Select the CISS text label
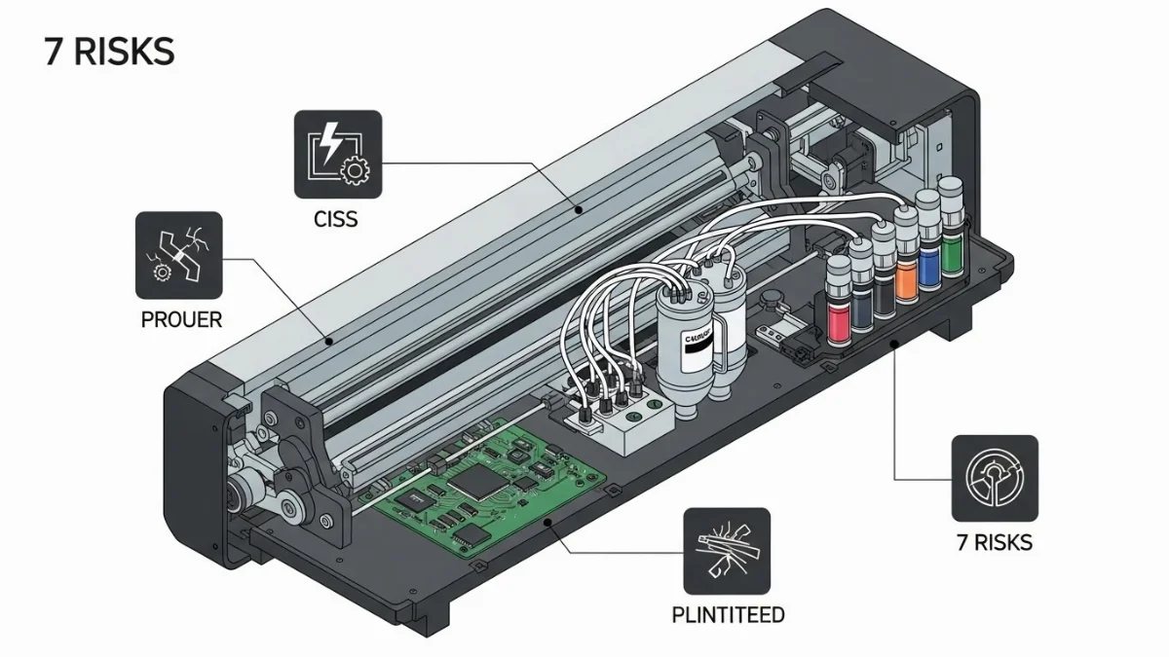(x=337, y=220)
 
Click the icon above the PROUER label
(x=178, y=255)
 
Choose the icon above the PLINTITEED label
(x=726, y=551)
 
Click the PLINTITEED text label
(x=728, y=615)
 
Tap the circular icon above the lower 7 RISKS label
(x=995, y=478)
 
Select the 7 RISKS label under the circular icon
(x=995, y=542)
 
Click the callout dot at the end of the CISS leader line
(x=578, y=207)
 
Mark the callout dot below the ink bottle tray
(x=895, y=344)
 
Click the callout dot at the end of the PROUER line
(x=330, y=341)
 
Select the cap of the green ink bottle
(x=954, y=204)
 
